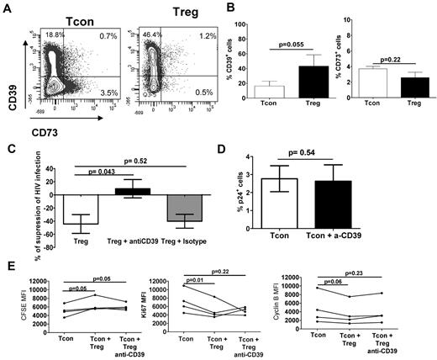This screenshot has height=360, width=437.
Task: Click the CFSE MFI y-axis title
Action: (x=7, y=315)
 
